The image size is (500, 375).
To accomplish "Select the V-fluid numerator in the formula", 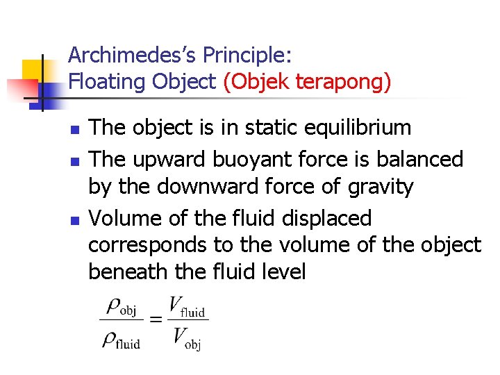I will [188, 307].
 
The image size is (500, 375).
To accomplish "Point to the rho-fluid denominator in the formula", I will [120, 340].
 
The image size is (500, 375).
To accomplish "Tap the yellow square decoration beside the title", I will [33, 72].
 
